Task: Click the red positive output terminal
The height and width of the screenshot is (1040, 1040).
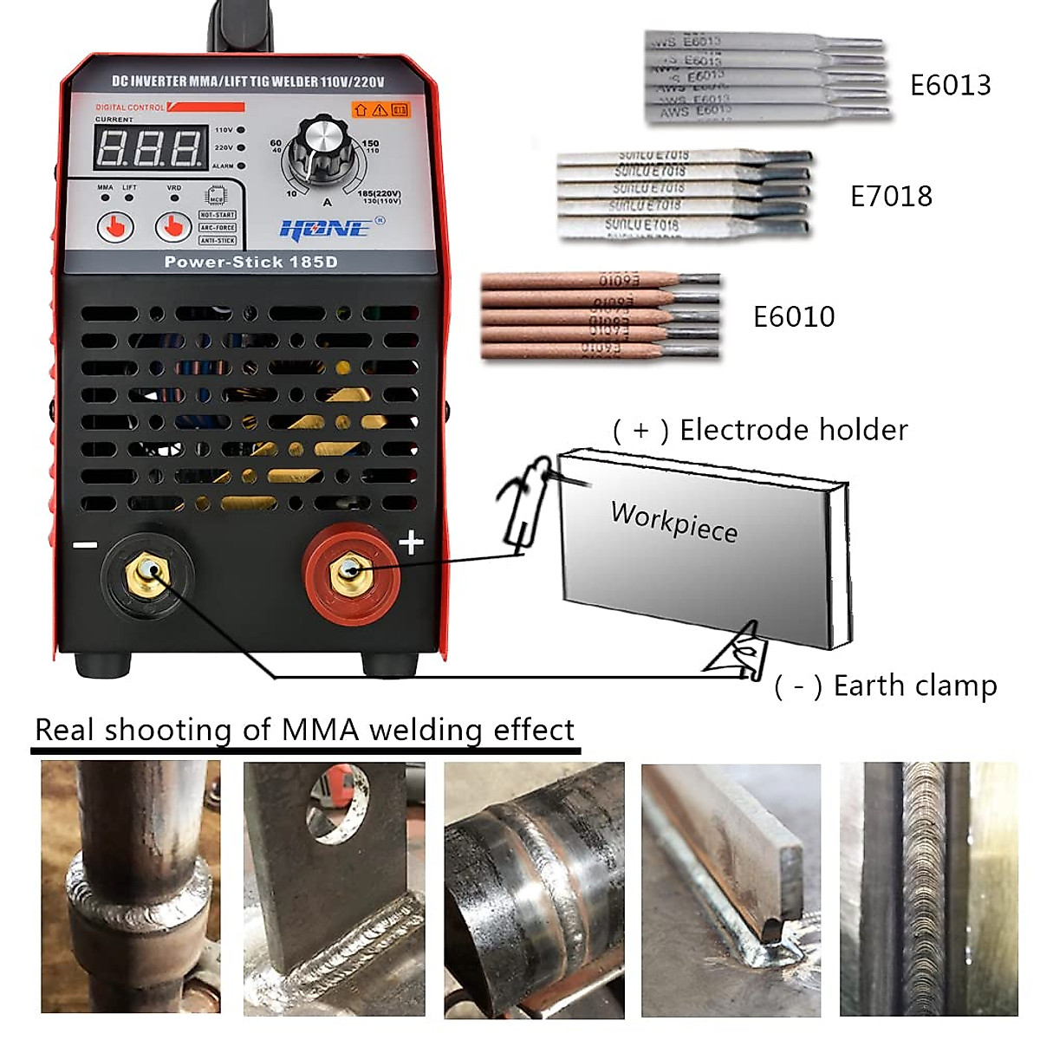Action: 351,573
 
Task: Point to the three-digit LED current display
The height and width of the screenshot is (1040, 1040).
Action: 149,146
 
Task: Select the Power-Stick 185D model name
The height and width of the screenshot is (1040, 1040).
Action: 250,262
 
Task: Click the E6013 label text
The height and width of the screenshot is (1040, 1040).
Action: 950,85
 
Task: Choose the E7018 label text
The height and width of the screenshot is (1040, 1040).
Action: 891,197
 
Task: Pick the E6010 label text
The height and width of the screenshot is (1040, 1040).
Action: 794,317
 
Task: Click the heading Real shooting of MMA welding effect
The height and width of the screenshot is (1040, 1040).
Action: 304,730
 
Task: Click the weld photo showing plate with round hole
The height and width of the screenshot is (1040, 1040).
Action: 334,888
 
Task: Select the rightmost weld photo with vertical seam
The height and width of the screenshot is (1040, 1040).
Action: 928,888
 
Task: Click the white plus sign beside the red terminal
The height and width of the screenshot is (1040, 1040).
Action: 411,543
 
